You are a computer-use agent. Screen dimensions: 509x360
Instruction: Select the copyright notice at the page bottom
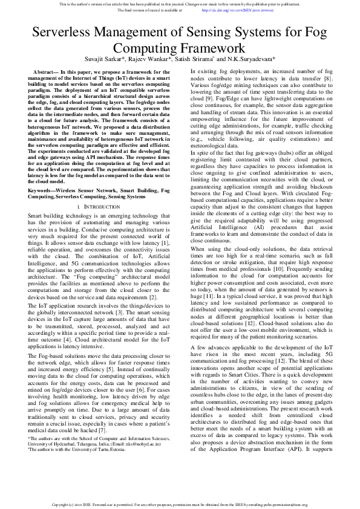(x=180, y=503)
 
